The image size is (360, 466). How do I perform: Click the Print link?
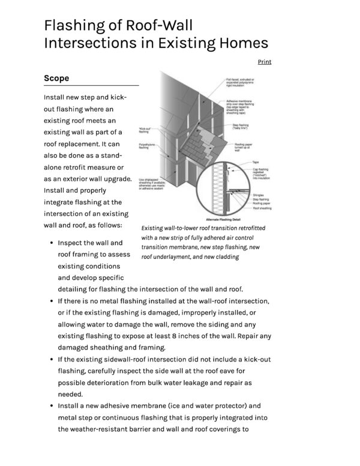[x=264, y=62]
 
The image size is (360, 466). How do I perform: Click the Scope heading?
[x=56, y=79]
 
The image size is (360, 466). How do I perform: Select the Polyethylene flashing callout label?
[x=148, y=146]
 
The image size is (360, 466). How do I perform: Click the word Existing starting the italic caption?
[x=154, y=229]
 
